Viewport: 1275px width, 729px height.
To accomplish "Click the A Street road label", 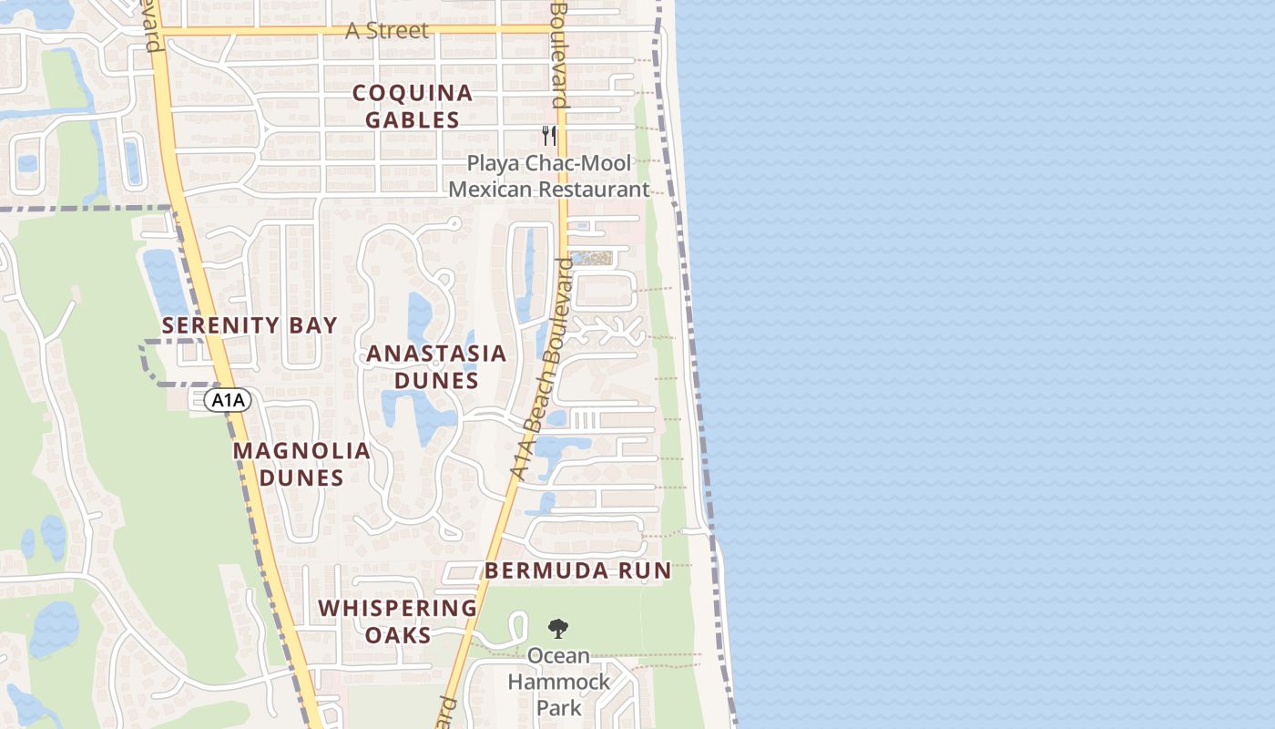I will pos(386,30).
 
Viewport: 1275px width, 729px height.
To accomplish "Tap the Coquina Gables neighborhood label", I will pos(413,106).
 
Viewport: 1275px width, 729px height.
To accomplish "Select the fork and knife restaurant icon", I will pos(548,136).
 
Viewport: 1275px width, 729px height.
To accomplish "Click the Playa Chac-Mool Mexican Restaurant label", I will pos(549,177).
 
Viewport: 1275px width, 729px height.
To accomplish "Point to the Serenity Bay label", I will pos(250,325).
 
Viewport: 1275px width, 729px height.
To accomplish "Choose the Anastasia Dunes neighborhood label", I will pos(435,366).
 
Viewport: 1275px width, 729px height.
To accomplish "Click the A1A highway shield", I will pos(227,400).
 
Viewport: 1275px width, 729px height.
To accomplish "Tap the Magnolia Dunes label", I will pos(301,464).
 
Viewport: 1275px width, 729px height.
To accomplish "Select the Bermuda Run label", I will pos(577,571).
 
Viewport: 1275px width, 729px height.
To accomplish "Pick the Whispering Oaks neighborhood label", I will pos(398,621).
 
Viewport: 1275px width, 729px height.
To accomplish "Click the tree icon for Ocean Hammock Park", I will pos(557,628).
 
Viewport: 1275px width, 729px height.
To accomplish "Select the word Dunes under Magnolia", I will pos(301,477).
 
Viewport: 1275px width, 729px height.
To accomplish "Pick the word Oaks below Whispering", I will pos(398,634).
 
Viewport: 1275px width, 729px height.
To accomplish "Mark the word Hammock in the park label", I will pos(558,682).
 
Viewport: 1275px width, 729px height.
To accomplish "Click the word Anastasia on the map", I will pos(435,354).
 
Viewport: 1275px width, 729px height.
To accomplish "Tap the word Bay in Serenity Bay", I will pos(316,325).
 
